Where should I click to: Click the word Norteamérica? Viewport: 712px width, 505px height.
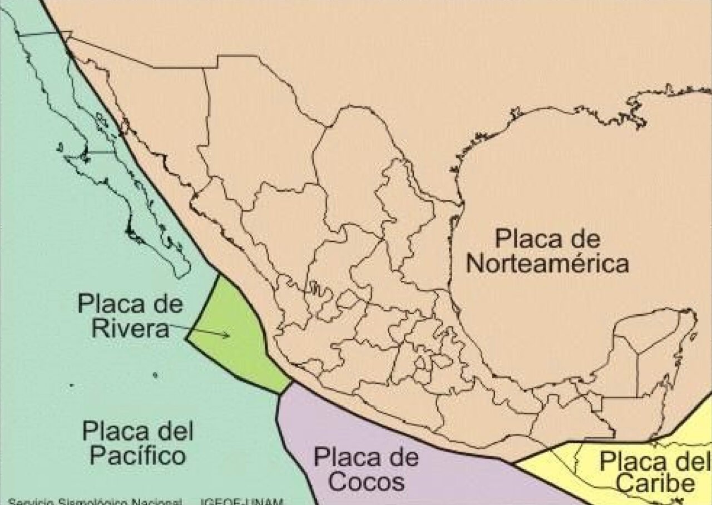point(547,264)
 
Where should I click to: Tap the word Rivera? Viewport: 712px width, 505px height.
point(130,328)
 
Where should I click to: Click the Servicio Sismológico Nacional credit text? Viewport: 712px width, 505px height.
point(95,501)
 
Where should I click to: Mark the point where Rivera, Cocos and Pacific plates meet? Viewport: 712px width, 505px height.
point(279,394)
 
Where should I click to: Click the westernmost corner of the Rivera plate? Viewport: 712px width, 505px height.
point(187,338)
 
